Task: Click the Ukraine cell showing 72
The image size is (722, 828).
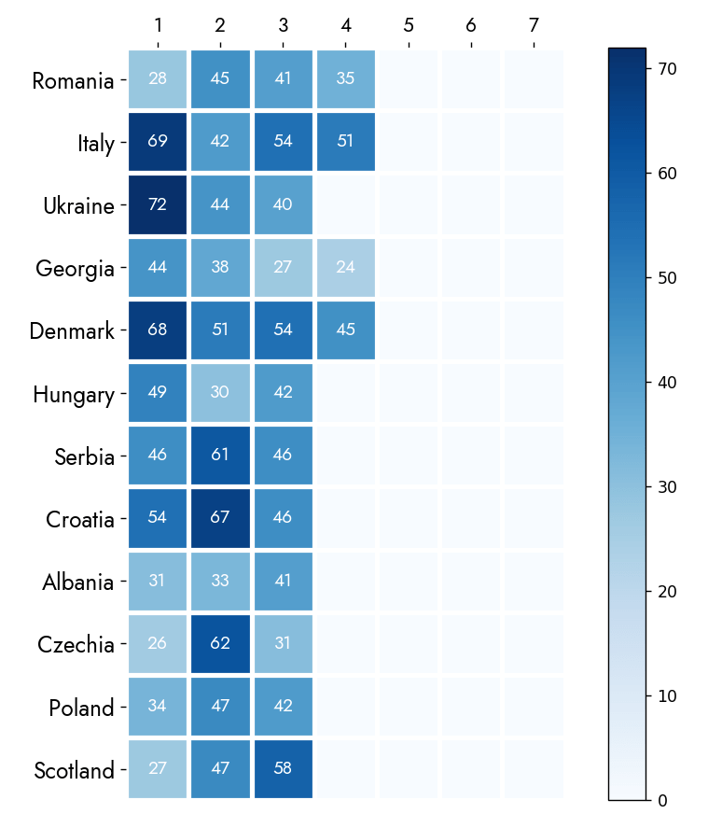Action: click(x=158, y=205)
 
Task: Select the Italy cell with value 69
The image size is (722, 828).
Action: click(x=158, y=143)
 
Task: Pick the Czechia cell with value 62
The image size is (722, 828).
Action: click(x=220, y=644)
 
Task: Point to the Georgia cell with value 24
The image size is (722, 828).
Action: click(x=345, y=268)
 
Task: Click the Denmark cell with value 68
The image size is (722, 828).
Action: click(x=158, y=330)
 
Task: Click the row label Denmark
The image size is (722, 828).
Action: click(x=72, y=331)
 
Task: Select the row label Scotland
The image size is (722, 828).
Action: click(x=74, y=771)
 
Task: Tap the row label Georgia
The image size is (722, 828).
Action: click(x=75, y=269)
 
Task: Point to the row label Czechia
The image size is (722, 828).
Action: click(x=76, y=645)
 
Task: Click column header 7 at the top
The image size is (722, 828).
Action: click(x=534, y=23)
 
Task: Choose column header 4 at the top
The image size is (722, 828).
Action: click(x=345, y=23)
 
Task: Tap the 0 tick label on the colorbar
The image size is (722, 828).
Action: click(x=661, y=801)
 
